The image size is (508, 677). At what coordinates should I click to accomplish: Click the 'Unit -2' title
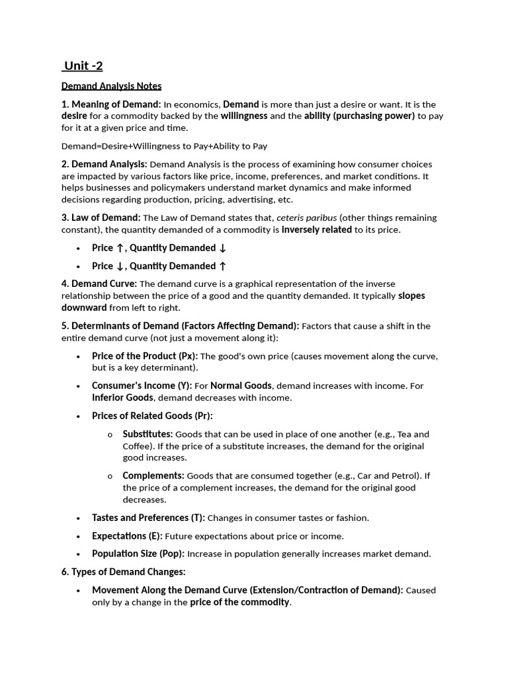[x=83, y=66]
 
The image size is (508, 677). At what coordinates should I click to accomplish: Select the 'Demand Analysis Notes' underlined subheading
[x=111, y=86]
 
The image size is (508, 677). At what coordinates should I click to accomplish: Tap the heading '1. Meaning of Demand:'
[x=111, y=104]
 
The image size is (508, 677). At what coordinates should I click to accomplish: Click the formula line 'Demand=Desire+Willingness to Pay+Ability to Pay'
[x=164, y=146]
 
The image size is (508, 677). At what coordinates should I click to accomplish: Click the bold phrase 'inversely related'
[x=317, y=230]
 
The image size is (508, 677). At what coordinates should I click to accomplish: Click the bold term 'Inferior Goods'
[x=122, y=398]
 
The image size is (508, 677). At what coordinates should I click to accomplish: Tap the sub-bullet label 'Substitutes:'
[x=148, y=434]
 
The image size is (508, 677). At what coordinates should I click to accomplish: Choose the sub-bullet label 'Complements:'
[x=153, y=476]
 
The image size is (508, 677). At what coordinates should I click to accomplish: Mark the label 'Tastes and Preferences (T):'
[x=148, y=518]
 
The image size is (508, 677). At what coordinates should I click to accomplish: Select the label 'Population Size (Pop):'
[x=138, y=554]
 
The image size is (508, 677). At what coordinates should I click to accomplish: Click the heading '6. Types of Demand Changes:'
[x=124, y=572]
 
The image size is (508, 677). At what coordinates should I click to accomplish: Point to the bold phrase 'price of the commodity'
[x=240, y=602]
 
